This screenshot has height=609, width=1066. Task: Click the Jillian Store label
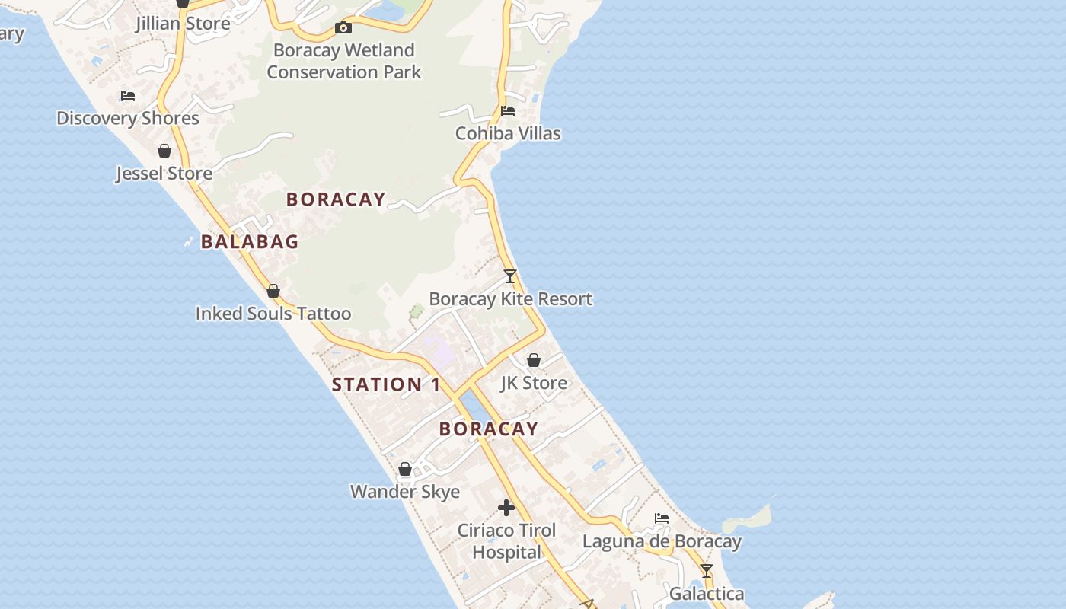pos(183,24)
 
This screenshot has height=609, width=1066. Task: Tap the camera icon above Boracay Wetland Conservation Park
pos(343,28)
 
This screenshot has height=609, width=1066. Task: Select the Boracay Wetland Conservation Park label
pos(343,61)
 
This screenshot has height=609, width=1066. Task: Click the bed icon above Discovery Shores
pos(128,96)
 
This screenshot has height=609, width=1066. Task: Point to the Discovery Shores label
pos(128,118)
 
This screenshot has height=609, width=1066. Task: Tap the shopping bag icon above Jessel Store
pos(164,151)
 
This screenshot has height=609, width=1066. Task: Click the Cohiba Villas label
pos(508,133)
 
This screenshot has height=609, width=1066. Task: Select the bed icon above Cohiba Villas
pos(508,111)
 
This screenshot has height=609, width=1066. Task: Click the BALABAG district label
pos(250,242)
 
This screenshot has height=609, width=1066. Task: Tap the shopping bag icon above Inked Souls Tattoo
pos(273,291)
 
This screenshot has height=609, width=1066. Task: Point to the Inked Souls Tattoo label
pos(273,314)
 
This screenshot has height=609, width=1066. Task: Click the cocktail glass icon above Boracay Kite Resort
pos(510,276)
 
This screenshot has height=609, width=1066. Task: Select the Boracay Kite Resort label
pos(510,299)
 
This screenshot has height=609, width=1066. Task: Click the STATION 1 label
pos(386,384)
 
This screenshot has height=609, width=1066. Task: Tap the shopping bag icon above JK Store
pos(534,360)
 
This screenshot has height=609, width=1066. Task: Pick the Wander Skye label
pos(405,492)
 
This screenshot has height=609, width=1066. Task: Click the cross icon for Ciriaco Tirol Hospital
pos(506,508)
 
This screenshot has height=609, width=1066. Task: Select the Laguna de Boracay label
pos(662,542)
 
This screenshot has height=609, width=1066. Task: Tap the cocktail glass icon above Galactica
pos(707,571)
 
